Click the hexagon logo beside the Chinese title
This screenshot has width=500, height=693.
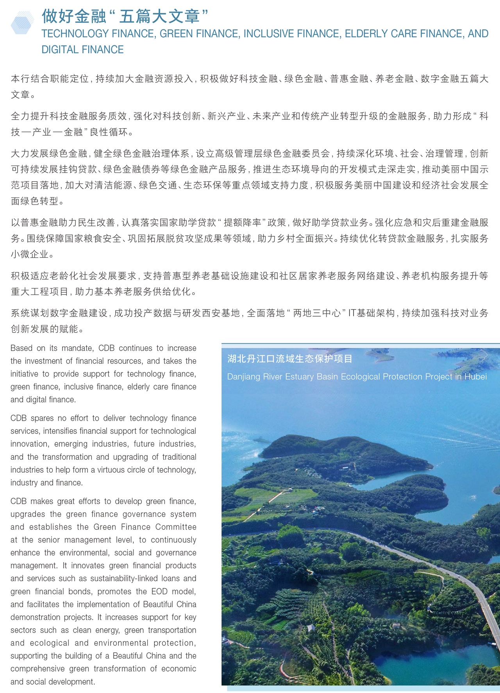coord(22,23)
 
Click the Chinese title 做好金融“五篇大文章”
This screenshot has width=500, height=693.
coord(125,16)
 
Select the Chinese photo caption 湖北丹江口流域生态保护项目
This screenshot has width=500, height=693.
coord(290,359)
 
